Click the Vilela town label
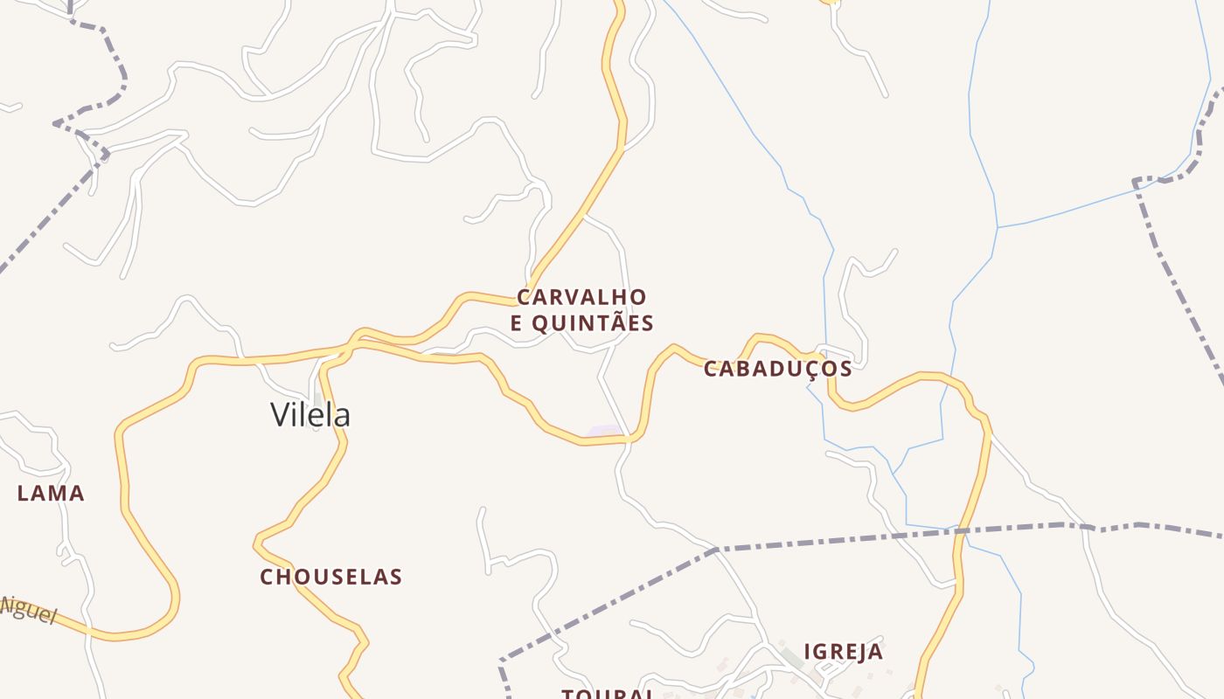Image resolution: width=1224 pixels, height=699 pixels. point(310,414)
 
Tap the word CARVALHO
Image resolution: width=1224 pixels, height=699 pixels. point(581,297)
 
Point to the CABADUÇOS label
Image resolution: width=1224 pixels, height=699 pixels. point(777,369)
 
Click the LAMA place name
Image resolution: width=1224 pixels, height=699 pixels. point(51,494)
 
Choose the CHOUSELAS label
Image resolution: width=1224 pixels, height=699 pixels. point(330,577)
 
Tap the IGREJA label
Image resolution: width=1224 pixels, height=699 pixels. point(843,652)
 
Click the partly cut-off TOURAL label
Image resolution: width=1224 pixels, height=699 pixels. point(608,694)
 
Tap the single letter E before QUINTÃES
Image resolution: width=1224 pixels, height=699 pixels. point(517,323)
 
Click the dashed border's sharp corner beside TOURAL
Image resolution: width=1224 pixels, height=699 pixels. point(502,661)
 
